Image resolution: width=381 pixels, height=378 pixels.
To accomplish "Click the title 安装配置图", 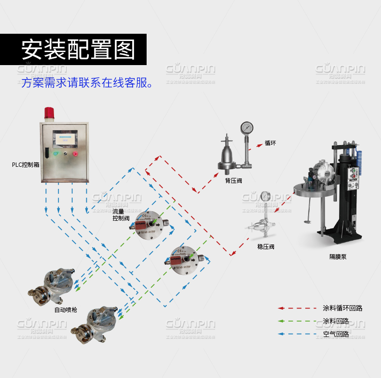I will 78,49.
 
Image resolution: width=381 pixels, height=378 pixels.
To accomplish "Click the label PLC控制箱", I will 26,164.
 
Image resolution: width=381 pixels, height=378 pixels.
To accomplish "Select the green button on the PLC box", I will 56,154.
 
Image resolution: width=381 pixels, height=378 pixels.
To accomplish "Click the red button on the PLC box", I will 75,154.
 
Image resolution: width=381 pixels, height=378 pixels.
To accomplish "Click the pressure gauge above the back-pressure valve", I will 247,128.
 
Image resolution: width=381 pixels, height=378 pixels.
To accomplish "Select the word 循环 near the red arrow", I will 270,143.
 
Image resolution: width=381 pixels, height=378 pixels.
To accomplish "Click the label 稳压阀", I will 266,247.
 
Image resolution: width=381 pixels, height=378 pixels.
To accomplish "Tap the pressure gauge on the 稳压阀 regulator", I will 265,196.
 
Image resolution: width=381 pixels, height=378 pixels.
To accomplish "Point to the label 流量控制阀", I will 121,215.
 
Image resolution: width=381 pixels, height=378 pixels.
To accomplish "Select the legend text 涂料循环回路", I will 342,308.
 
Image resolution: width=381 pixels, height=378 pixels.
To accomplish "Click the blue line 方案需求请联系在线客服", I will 87,82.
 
